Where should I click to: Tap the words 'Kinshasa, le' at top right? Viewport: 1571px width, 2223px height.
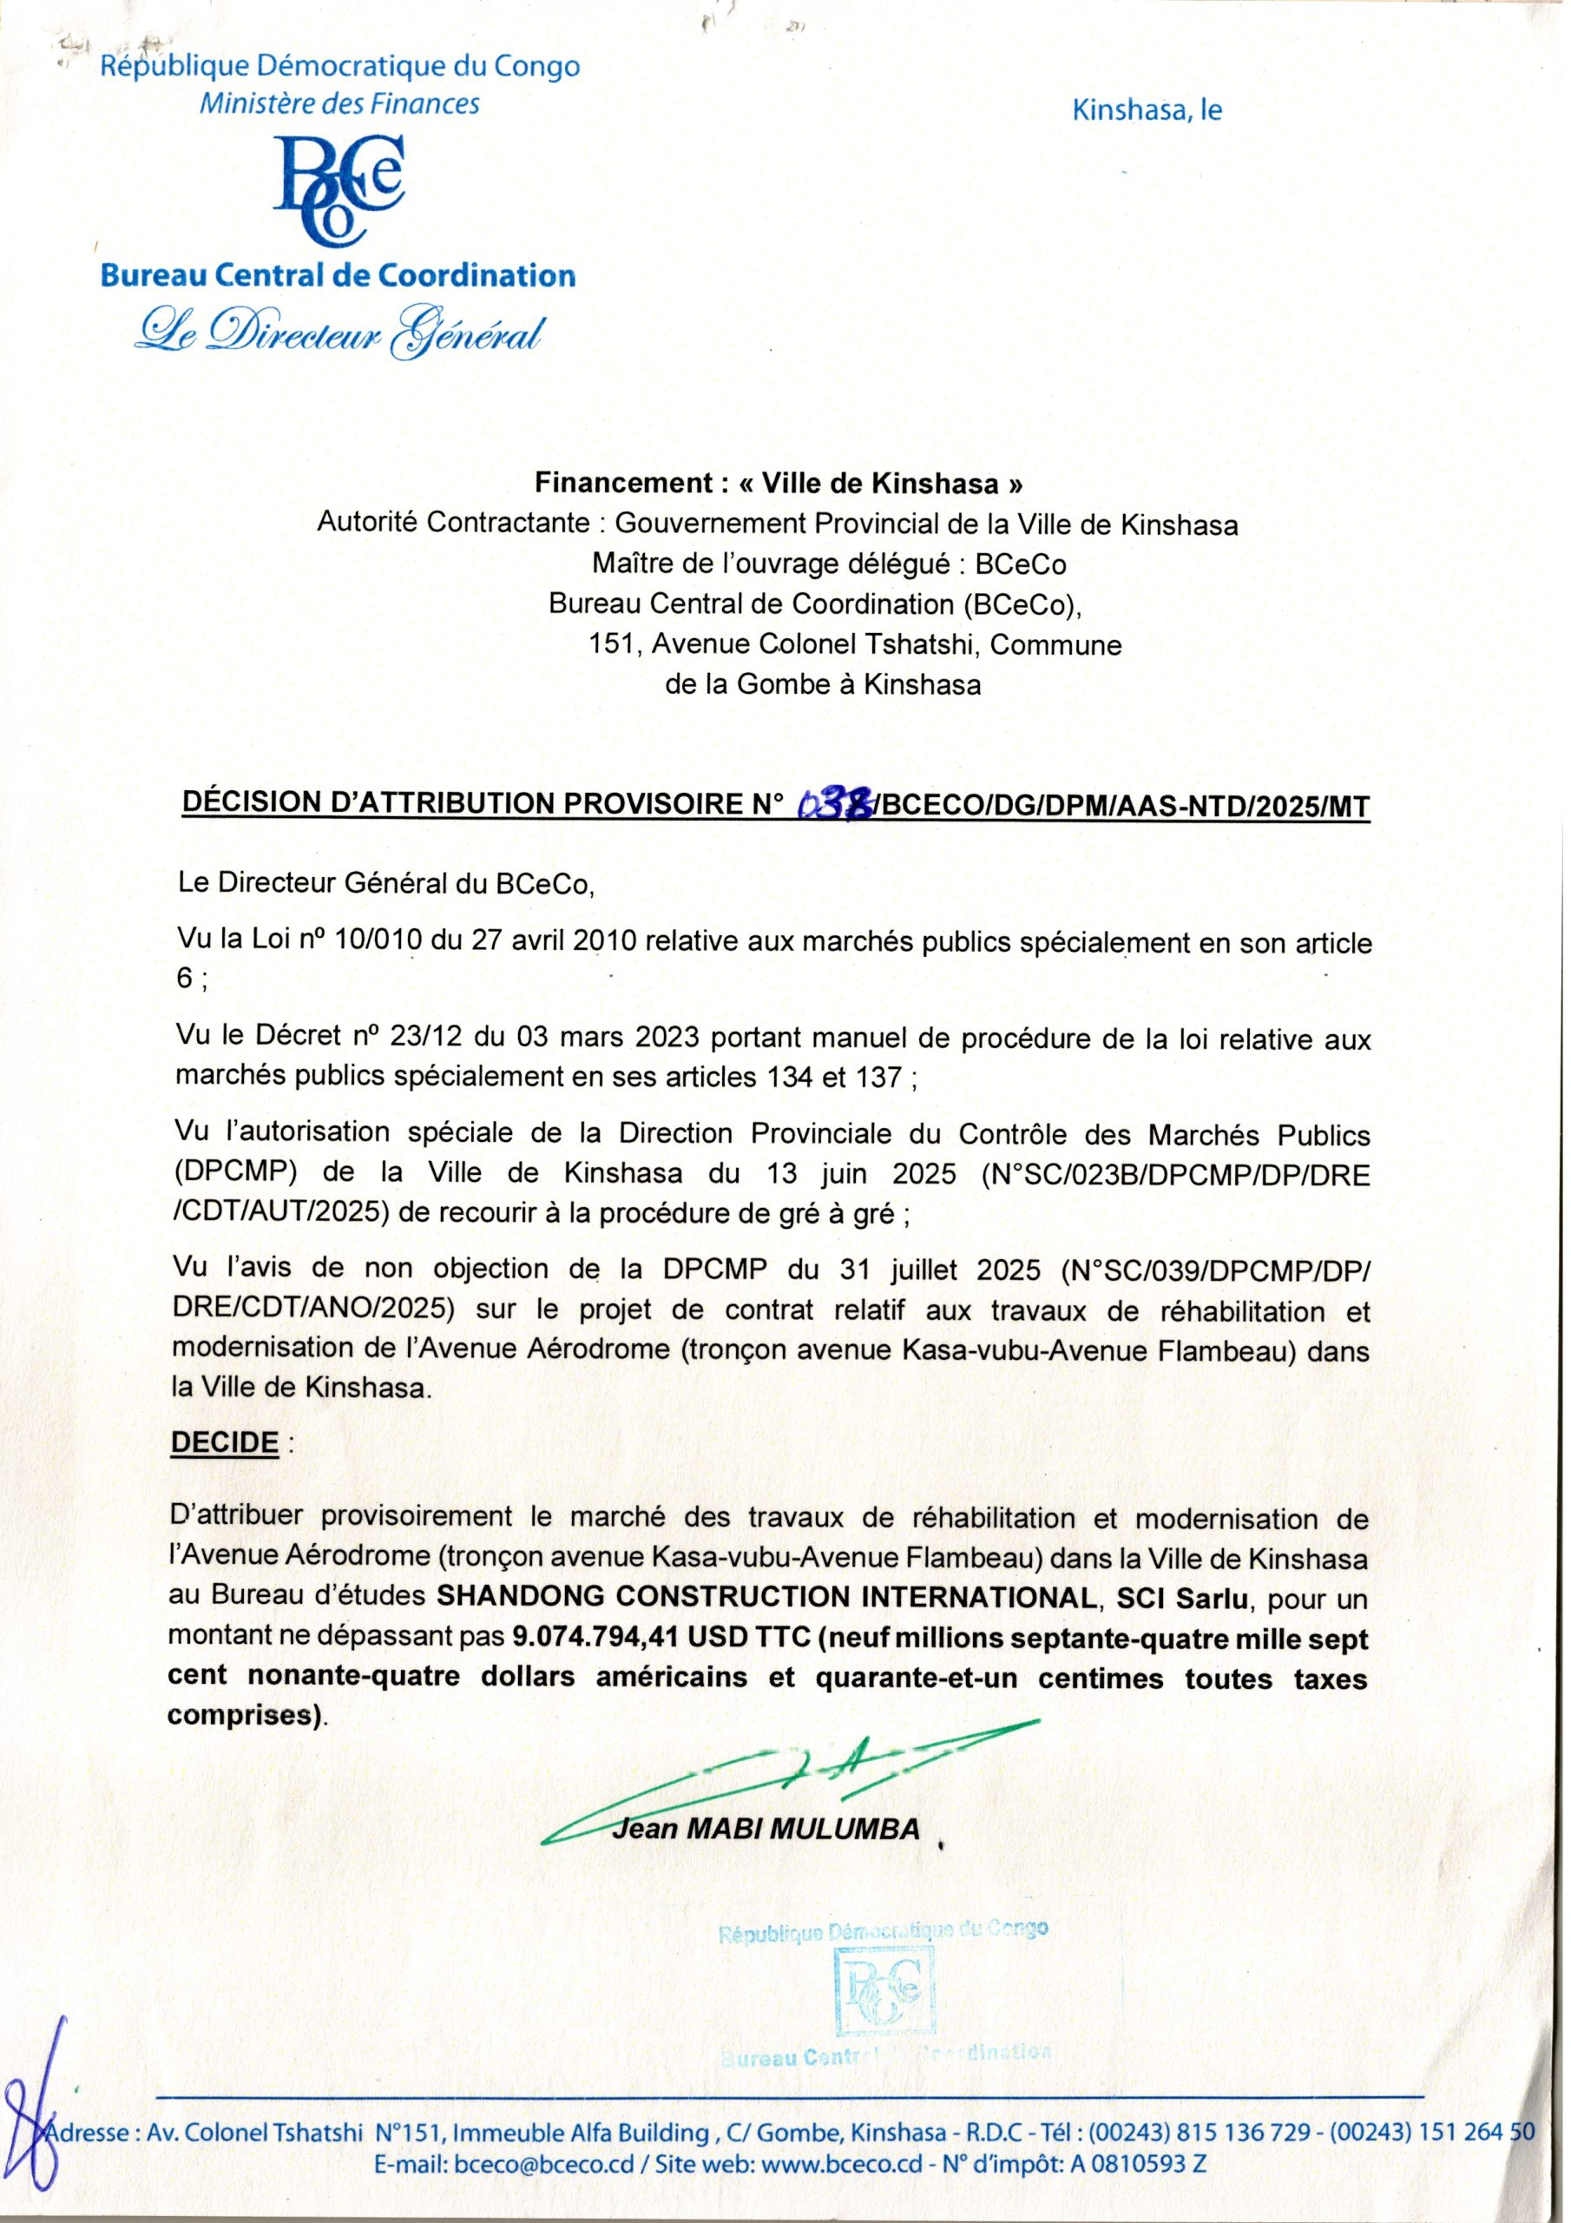pos(1147,110)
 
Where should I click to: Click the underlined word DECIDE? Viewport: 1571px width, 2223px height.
pos(224,1441)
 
